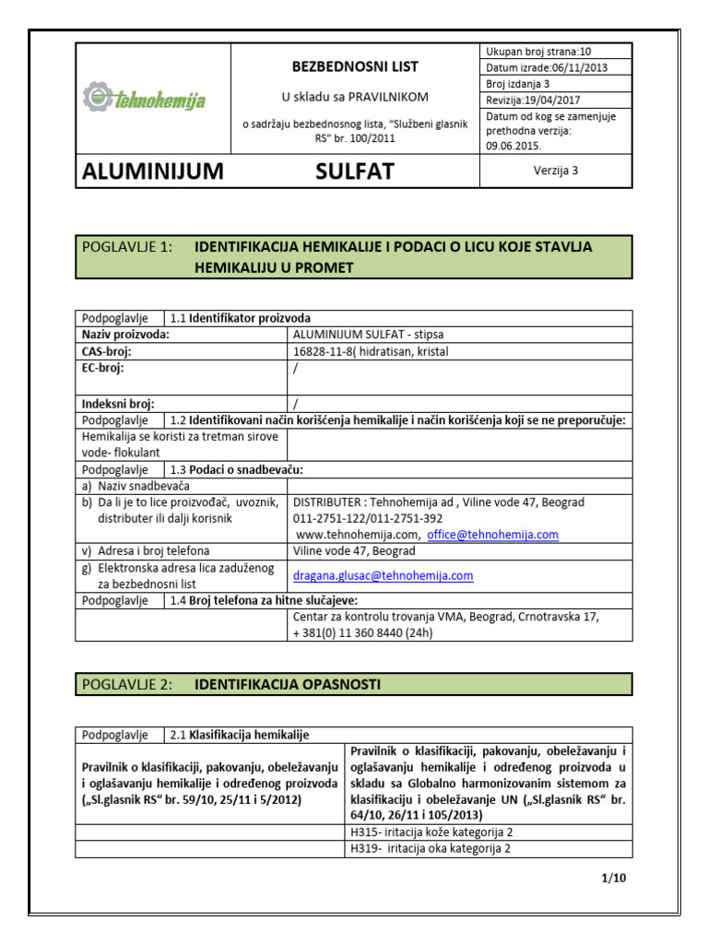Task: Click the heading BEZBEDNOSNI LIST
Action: point(355,66)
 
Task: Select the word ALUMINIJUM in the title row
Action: point(153,171)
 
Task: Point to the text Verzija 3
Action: point(555,171)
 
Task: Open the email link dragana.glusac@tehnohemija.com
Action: point(383,575)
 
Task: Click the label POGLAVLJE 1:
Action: point(127,247)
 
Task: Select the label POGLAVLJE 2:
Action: point(127,684)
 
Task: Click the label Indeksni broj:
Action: point(118,403)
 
